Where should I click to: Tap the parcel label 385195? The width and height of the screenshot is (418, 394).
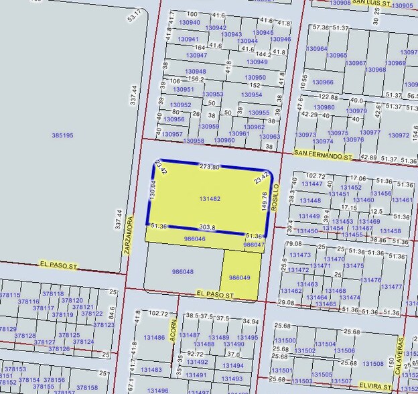[x=62, y=135]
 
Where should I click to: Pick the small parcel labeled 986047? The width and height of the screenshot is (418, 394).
[x=253, y=245]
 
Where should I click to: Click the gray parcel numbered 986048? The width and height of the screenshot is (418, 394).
[x=182, y=272]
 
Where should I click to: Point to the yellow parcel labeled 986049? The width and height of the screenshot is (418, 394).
[x=239, y=277]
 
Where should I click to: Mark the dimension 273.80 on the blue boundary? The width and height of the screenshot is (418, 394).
[x=210, y=167]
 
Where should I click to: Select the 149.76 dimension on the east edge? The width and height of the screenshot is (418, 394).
[x=264, y=202]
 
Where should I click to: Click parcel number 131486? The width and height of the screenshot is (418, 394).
[x=153, y=338]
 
